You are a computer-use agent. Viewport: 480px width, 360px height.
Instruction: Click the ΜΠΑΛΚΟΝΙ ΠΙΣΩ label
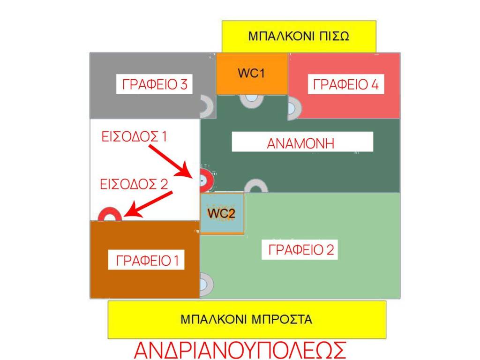299,36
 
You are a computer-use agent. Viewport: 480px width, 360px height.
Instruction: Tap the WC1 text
252,74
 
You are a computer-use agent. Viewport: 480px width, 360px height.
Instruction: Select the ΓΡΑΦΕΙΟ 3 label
155,85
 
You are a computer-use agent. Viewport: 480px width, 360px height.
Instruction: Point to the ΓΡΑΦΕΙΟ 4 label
345,85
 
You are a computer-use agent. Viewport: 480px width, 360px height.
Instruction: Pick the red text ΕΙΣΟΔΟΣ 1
135,136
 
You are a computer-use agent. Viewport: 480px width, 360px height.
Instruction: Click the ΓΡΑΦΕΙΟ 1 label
147,260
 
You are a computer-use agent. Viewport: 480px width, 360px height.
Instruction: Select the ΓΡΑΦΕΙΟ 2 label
301,250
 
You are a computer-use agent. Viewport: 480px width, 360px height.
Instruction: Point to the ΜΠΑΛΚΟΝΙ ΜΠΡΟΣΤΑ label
247,320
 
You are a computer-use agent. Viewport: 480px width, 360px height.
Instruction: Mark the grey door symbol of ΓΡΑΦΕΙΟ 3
206,106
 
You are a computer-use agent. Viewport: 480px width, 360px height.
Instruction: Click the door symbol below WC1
252,99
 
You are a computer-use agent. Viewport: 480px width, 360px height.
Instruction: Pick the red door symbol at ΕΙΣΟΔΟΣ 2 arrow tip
110,215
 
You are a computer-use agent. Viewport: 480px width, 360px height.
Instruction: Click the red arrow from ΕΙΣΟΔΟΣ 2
150,204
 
